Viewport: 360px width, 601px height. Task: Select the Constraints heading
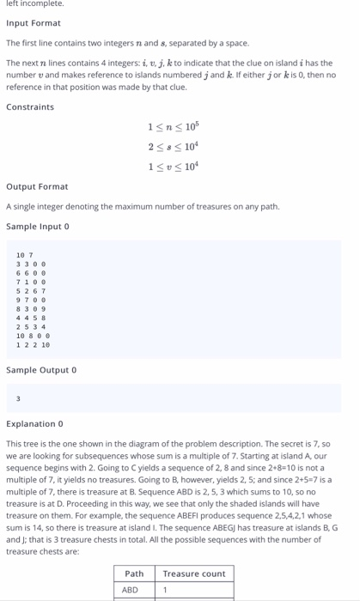pos(29,107)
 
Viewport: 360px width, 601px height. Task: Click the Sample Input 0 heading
pos(37,226)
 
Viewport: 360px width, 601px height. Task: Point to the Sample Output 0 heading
pos(40,370)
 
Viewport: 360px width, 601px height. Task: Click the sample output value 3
pos(18,398)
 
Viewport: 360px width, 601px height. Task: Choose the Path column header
pos(134,574)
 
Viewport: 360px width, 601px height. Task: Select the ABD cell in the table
pos(130,590)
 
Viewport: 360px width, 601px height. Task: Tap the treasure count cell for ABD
pos(166,590)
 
